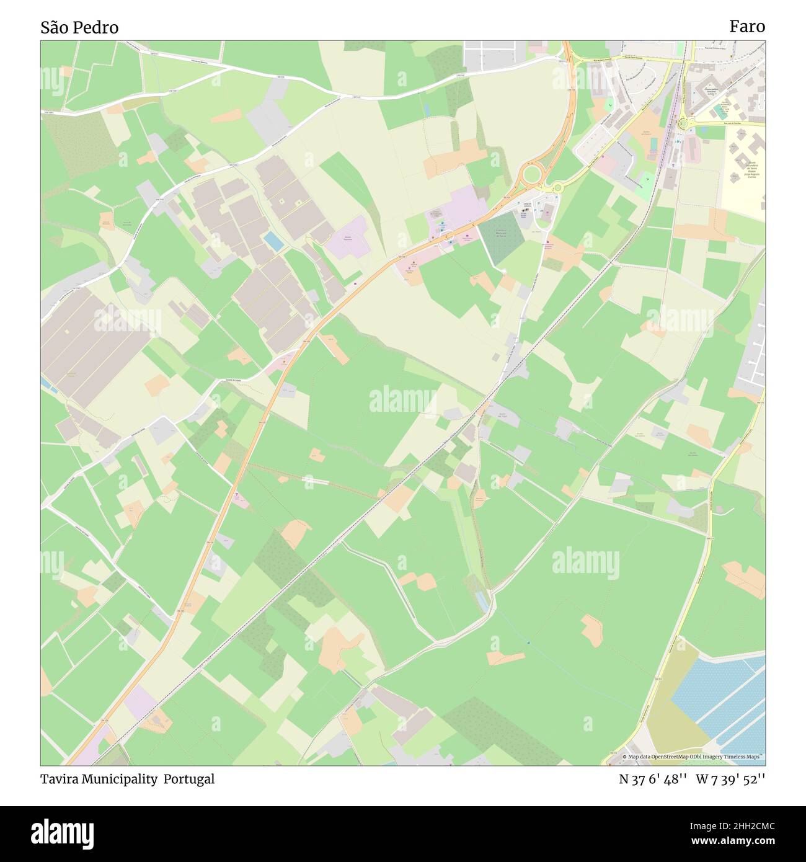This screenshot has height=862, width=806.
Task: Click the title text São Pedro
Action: click(79, 27)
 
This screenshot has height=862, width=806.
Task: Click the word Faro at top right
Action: click(746, 26)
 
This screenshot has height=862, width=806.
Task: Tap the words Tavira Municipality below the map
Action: click(99, 779)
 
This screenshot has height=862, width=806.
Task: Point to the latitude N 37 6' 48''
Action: click(652, 779)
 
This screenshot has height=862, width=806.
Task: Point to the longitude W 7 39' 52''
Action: click(730, 779)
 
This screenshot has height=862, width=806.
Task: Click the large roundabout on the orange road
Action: click(531, 174)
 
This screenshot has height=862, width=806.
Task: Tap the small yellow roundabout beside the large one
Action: click(557, 187)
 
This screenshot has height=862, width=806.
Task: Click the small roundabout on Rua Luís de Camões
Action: click(684, 123)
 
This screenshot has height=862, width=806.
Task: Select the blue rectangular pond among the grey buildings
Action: click(273, 241)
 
